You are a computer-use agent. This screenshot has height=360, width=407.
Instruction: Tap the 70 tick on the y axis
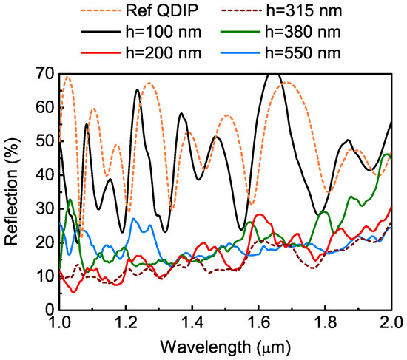[46, 74]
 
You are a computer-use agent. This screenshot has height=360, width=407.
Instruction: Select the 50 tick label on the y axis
[46, 141]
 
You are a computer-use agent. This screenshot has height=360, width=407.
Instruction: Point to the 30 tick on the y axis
[46, 208]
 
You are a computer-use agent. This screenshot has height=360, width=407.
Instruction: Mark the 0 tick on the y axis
[49, 310]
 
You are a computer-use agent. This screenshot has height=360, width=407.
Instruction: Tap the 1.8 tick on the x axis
[325, 322]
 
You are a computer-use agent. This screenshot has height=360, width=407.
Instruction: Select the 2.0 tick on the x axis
[390, 322]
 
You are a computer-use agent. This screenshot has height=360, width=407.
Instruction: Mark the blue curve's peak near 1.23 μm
[135, 219]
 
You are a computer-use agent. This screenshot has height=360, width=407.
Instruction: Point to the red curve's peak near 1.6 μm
[259, 214]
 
